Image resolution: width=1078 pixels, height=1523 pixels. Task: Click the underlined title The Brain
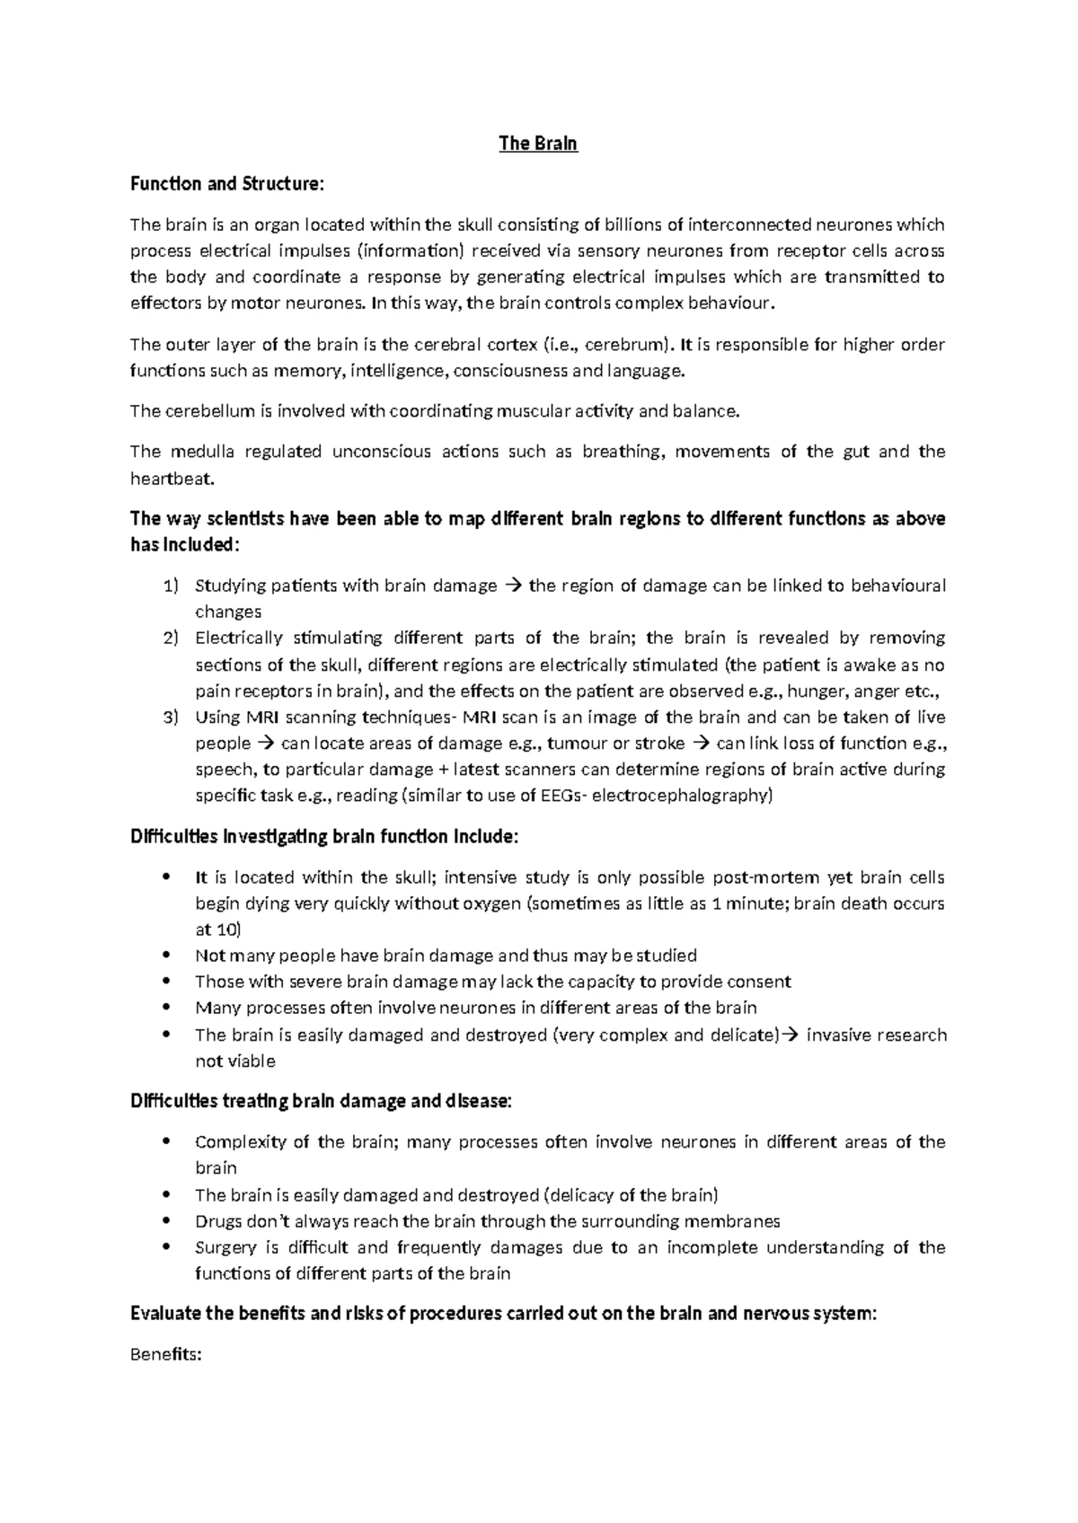tap(538, 144)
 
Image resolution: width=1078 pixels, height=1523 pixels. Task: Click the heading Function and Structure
tap(225, 184)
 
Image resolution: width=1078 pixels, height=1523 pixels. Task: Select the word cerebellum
tap(208, 411)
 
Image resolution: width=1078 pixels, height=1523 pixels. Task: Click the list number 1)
tap(172, 586)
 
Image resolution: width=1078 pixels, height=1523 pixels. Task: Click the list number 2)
tap(172, 638)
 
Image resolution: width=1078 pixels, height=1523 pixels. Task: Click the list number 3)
tap(172, 717)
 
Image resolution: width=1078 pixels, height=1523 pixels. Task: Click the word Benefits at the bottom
tap(165, 1355)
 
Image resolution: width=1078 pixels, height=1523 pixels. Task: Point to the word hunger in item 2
tap(817, 691)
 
